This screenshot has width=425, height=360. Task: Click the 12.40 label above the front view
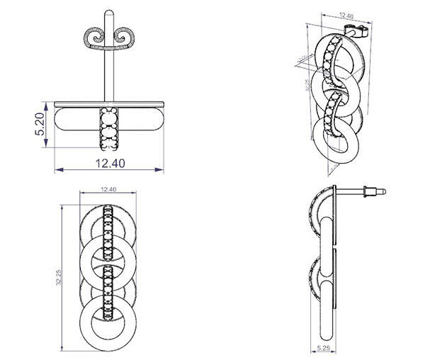[108, 189]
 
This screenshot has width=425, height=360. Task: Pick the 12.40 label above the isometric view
[346, 15]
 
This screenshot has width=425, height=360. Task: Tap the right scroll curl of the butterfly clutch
[126, 36]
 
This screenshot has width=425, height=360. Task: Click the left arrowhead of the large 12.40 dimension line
[57, 170]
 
